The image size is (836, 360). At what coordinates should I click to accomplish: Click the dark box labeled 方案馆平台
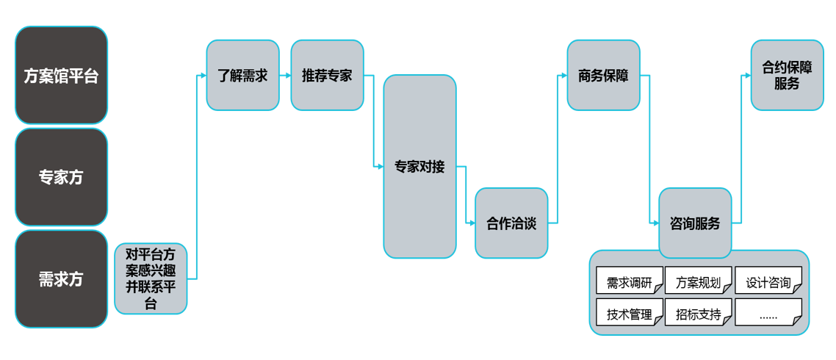(62, 75)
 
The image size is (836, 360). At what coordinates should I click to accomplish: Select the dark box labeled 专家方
(62, 177)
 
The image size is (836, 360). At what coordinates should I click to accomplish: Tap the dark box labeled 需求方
(62, 279)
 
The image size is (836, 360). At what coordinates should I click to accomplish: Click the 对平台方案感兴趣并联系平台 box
(151, 279)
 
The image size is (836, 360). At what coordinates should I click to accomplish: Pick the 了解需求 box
(242, 76)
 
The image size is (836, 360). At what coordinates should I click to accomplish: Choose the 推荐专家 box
(327, 76)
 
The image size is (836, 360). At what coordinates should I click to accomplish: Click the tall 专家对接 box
(419, 167)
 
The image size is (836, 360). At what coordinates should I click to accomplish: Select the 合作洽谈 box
(511, 223)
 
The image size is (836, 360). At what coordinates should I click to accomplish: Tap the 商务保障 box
(603, 76)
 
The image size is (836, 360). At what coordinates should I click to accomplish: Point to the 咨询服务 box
(695, 223)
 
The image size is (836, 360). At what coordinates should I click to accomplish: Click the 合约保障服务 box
(787, 76)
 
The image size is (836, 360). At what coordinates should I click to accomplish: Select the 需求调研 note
(629, 282)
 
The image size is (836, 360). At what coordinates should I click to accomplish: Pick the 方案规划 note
(698, 282)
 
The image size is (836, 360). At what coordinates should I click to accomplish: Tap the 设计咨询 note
(768, 282)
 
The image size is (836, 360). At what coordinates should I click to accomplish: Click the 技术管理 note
(629, 314)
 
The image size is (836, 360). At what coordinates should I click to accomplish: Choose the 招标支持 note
(698, 314)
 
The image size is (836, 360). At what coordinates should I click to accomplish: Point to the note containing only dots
(768, 314)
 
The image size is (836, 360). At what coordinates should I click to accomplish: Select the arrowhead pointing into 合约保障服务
(746, 76)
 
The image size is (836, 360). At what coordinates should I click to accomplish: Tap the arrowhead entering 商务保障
(563, 76)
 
